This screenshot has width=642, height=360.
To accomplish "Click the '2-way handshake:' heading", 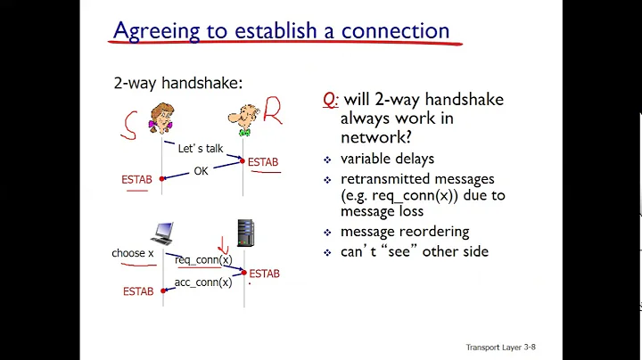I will (x=177, y=84).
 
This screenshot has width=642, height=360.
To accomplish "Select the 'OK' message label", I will (x=201, y=171).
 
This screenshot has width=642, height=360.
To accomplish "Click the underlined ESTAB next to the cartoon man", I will (x=263, y=162).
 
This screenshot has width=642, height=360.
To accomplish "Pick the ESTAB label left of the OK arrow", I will (x=137, y=180).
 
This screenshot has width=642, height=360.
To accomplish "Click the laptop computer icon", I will (x=163, y=234).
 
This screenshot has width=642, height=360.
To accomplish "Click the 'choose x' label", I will (x=134, y=253).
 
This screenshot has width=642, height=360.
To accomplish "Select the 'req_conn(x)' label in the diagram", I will (x=202, y=260).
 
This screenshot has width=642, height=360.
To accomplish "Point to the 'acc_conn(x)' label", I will (x=202, y=282).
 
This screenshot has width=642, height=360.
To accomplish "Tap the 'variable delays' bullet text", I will (x=387, y=159).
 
